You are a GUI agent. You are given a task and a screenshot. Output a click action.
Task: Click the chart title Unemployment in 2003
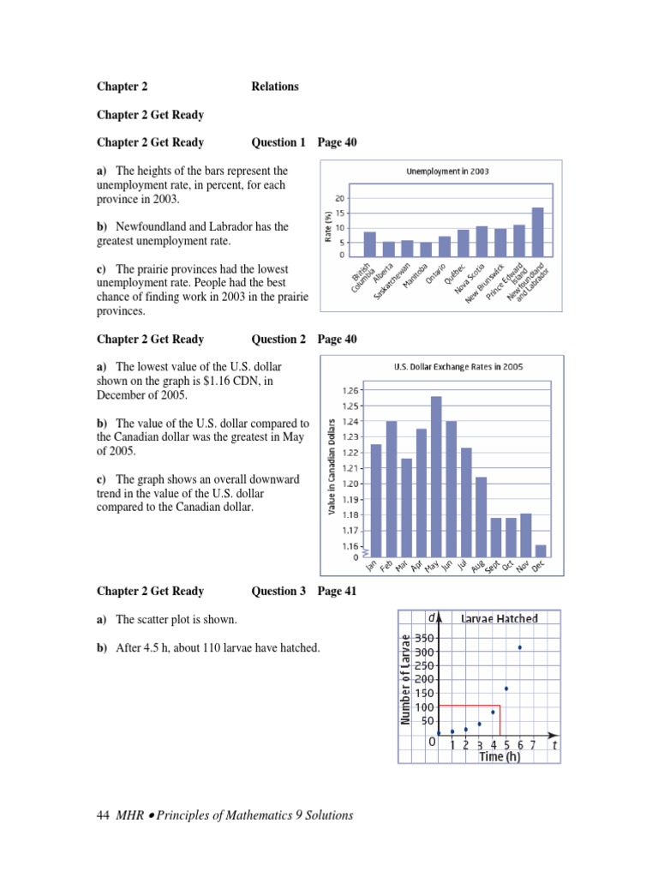[447, 171]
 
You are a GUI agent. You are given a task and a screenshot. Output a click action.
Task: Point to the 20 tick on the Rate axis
[340, 199]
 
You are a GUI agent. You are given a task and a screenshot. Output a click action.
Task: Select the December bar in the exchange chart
[541, 550]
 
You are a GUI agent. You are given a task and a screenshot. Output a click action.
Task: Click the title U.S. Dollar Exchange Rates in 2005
[458, 366]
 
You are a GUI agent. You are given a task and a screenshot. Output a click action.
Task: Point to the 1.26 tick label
[351, 390]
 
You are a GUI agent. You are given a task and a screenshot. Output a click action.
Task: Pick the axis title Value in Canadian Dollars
[332, 467]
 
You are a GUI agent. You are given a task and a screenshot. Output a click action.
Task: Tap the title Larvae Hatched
[499, 617]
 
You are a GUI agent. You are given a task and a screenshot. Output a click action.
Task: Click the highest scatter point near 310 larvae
[519, 647]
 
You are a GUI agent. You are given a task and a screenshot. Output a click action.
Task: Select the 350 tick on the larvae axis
[424, 639]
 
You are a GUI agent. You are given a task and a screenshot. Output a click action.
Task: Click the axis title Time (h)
[499, 757]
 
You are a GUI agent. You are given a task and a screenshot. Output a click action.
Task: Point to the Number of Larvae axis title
[406, 678]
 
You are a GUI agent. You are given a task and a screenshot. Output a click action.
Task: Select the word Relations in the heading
[275, 87]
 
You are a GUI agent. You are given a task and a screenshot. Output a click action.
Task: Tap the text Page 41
[337, 591]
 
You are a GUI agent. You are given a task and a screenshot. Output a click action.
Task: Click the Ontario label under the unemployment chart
[437, 272]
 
